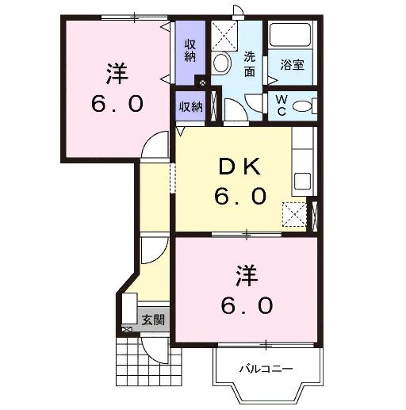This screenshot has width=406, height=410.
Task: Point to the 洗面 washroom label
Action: pos(249,64)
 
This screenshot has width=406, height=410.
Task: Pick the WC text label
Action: pos(282,104)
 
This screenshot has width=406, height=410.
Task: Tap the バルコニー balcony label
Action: pos(267,370)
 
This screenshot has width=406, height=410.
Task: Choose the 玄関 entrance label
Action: pos(153,321)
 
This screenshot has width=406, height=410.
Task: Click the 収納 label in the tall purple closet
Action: pos(190,50)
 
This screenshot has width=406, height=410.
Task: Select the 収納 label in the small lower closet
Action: pos(190,106)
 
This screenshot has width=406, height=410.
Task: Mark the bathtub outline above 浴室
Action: pos(291,36)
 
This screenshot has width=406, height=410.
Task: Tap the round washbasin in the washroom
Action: pos(222,64)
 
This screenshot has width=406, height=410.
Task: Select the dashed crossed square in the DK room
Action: pos(295,213)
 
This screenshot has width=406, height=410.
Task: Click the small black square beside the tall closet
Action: pos(202,82)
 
